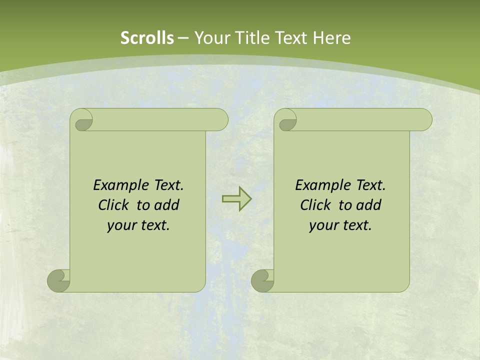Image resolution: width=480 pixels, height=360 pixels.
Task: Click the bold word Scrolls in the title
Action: [147, 38]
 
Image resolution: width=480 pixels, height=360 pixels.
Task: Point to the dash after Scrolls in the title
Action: [183, 38]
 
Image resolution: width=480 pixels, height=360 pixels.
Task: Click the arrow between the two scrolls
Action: [236, 199]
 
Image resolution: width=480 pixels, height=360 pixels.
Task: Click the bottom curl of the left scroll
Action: [58, 281]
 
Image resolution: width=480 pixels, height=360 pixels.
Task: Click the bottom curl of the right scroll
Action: [262, 281]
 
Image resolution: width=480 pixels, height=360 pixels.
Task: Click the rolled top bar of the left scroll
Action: [160, 119]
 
